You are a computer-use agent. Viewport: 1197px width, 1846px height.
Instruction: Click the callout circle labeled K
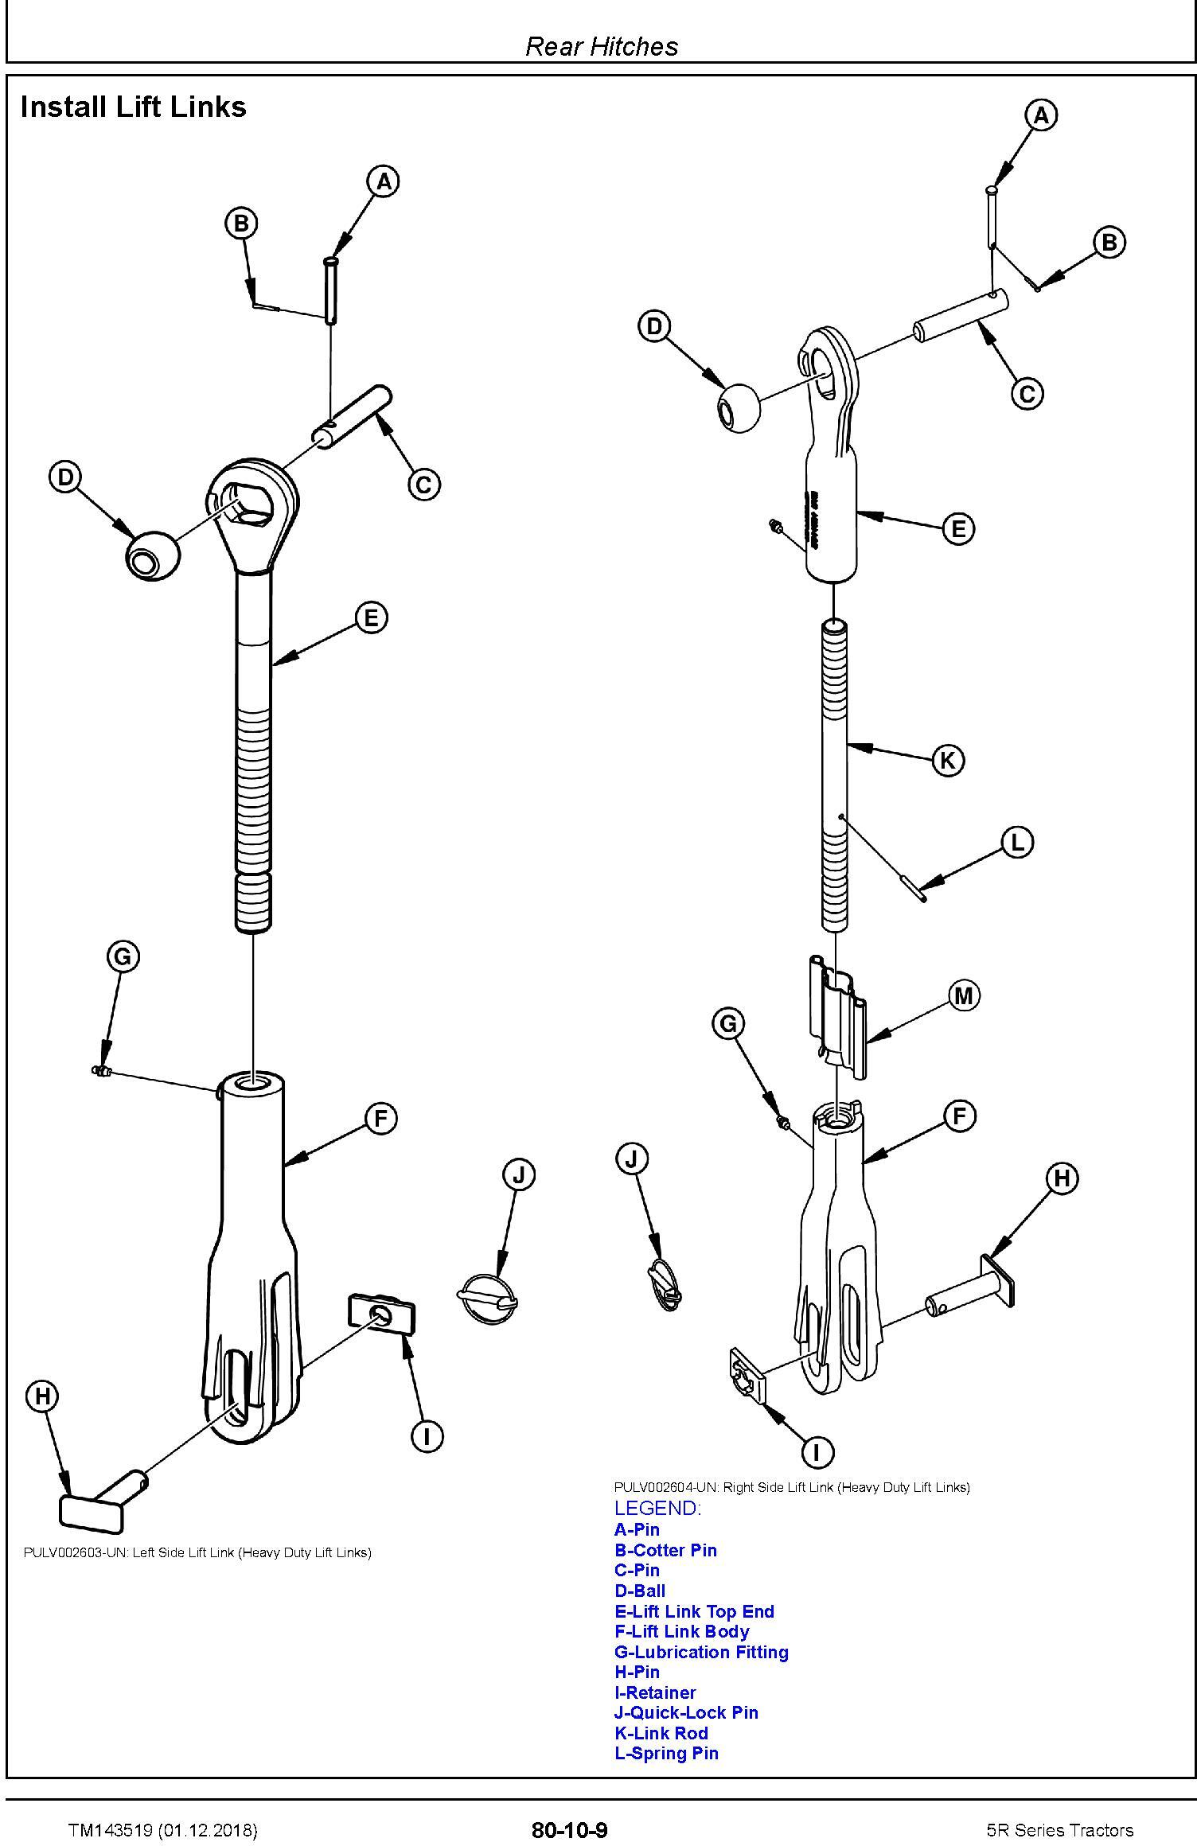click(947, 760)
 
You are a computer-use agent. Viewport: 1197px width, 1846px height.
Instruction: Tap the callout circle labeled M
click(964, 995)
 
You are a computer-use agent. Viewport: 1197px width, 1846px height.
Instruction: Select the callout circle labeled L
click(1017, 843)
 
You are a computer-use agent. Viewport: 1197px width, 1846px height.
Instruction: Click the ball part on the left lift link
click(152, 555)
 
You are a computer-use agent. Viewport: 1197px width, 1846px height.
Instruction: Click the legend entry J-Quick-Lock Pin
click(686, 1712)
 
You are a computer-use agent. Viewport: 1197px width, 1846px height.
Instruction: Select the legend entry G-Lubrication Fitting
click(701, 1652)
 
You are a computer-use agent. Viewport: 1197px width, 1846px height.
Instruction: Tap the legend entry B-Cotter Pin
click(665, 1550)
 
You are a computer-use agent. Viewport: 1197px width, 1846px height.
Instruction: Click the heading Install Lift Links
click(134, 107)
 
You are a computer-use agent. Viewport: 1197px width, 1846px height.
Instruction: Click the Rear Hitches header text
click(602, 46)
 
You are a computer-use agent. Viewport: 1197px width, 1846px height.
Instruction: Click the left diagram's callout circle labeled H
click(43, 1396)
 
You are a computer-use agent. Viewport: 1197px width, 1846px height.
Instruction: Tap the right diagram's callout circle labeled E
click(958, 528)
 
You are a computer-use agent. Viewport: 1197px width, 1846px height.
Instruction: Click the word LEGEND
click(657, 1508)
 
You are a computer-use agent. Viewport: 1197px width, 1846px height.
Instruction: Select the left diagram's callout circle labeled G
click(123, 956)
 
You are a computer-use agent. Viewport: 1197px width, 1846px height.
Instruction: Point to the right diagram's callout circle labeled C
click(1027, 394)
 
